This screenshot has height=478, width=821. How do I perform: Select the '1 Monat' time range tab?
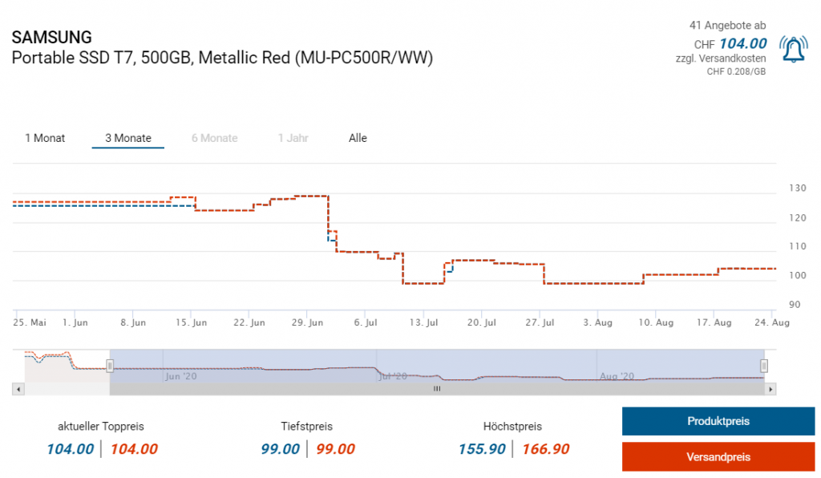45,138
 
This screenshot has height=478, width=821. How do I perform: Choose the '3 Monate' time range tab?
128,138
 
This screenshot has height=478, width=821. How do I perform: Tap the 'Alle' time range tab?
358,138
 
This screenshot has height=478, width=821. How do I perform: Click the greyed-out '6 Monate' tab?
214,138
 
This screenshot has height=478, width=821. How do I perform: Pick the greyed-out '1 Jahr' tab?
293,138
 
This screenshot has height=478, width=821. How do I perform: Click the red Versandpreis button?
718,457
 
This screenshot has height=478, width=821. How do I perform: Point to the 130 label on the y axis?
797,188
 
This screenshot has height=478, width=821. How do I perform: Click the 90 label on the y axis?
795,305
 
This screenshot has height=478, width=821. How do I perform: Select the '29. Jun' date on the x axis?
307,322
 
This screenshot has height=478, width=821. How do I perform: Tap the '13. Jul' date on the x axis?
423,322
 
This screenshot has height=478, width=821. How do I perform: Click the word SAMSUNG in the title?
52,38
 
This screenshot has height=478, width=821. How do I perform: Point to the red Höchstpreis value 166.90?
545,449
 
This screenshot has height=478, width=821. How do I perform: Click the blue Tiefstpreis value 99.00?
281,449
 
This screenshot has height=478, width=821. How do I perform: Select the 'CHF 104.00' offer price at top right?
730,43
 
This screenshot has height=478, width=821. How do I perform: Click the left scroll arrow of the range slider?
17,389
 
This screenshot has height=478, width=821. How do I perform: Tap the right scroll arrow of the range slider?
770,389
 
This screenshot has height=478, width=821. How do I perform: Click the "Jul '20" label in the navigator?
394,375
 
